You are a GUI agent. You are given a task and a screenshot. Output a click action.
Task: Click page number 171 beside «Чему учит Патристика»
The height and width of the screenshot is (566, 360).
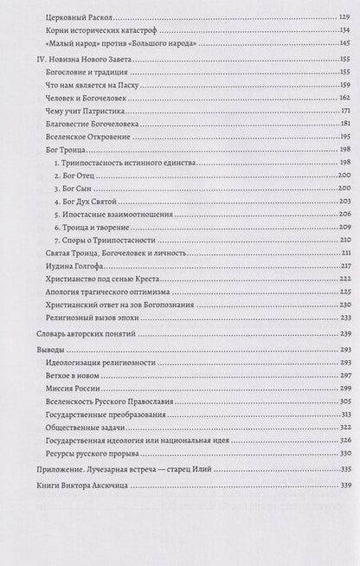(x=340, y=113)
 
